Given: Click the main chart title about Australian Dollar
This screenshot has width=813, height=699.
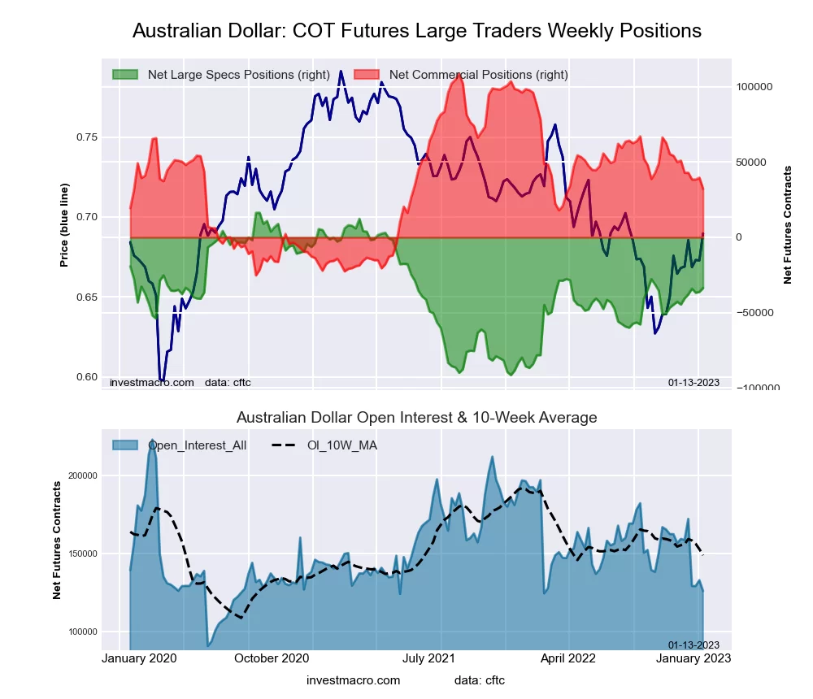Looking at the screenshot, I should click(x=416, y=31).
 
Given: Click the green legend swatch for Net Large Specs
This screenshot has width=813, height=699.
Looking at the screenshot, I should click(x=126, y=75).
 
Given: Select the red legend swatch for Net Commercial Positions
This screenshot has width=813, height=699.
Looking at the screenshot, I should click(x=367, y=75).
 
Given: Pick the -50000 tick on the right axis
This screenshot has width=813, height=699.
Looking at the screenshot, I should click(x=754, y=313).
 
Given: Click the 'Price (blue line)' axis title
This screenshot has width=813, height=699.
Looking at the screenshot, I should click(x=64, y=225).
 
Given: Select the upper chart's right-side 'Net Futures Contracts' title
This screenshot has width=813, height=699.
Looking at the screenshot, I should click(x=787, y=224).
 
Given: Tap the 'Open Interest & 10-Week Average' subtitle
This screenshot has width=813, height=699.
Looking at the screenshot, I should click(x=416, y=418).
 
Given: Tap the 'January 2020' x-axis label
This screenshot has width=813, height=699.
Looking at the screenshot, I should click(x=140, y=658).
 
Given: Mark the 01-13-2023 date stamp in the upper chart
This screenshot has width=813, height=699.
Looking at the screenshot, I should click(x=693, y=382).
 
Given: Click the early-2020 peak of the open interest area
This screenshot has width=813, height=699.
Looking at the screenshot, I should click(x=152, y=441).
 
